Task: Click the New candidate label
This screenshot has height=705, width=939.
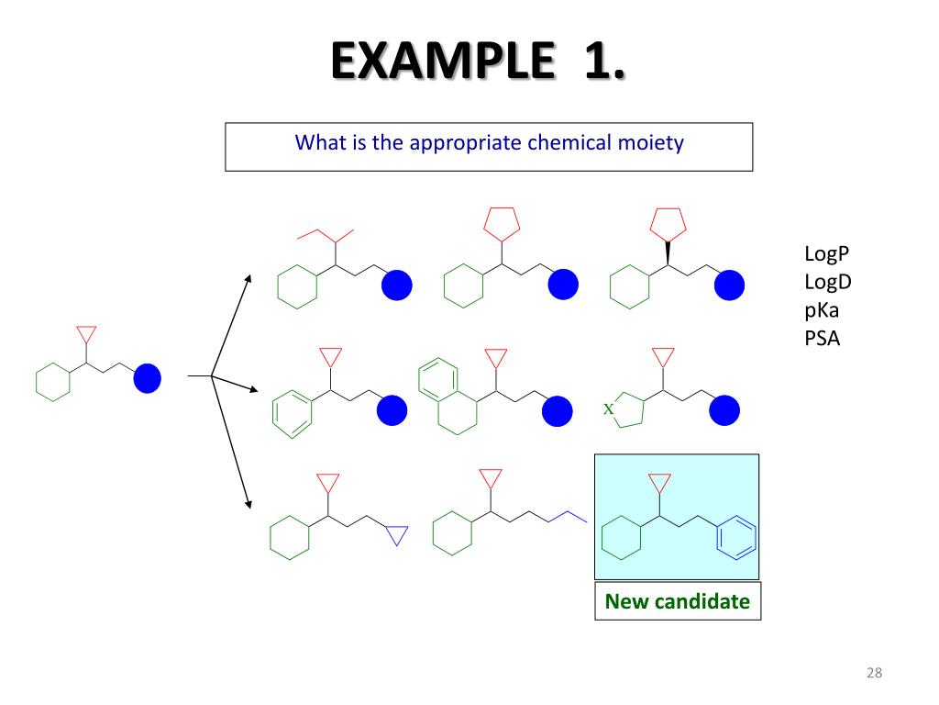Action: (678, 602)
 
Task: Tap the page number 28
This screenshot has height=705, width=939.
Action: (874, 675)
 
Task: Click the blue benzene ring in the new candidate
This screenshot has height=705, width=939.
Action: (736, 539)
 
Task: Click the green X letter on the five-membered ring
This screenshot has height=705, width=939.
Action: (608, 408)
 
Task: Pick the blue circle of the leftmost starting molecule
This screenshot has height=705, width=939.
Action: (147, 378)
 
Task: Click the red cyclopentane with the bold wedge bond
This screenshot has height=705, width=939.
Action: (668, 223)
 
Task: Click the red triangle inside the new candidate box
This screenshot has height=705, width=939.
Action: (659, 483)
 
